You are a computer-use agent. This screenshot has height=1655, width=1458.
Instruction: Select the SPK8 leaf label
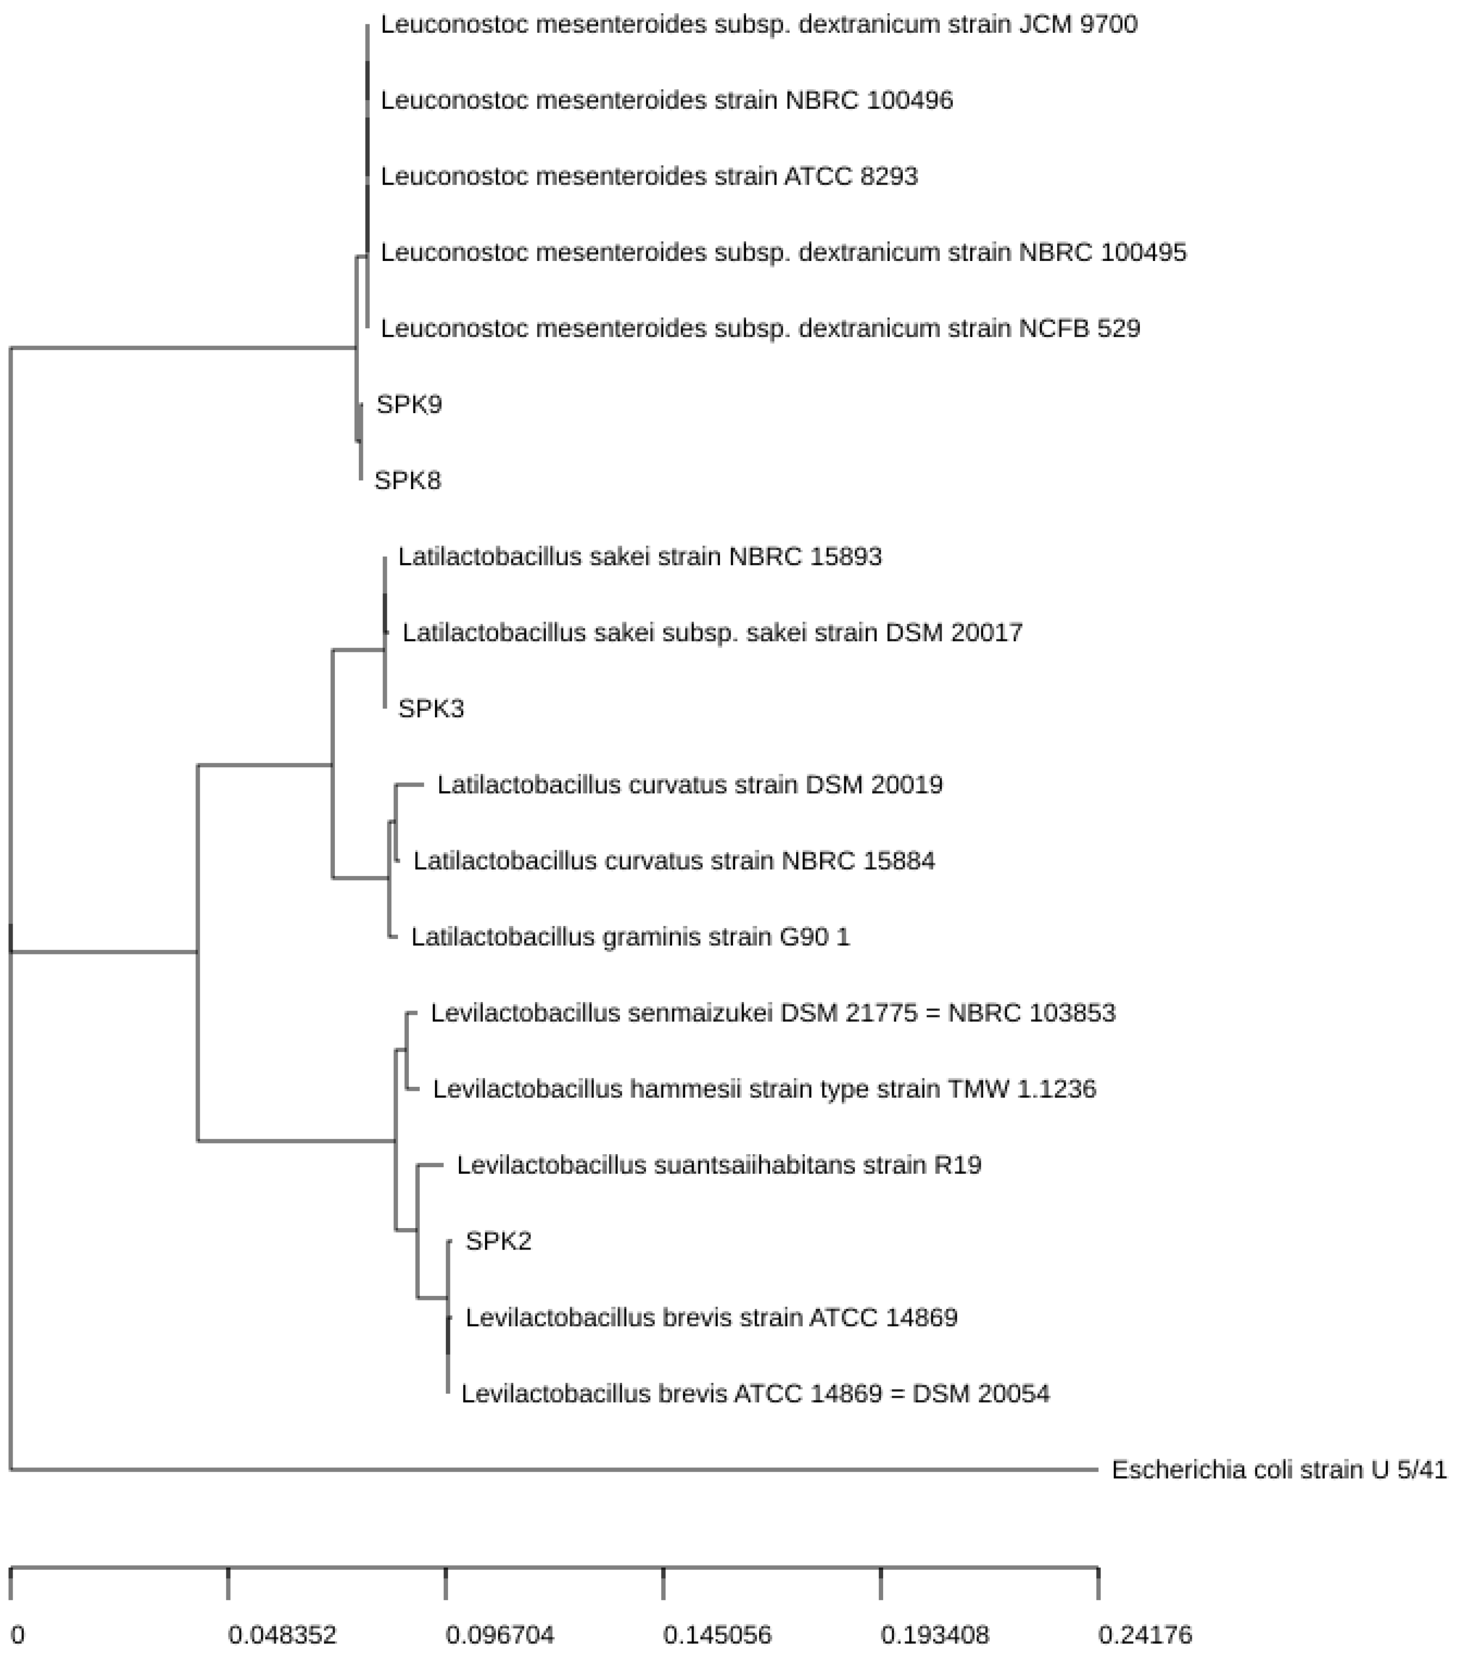(407, 480)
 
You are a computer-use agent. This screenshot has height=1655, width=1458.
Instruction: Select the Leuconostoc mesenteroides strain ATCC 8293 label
(649, 176)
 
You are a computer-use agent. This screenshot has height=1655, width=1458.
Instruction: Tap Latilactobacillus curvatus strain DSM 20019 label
(689, 785)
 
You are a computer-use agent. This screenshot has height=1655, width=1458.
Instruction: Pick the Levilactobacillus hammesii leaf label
(764, 1089)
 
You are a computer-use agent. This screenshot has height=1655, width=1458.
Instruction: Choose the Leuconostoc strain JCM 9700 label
(758, 24)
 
